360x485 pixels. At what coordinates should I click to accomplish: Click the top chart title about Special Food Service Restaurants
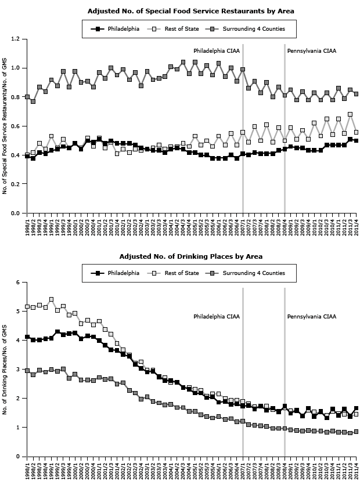coord(190,11)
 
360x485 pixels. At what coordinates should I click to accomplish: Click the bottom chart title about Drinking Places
coord(190,256)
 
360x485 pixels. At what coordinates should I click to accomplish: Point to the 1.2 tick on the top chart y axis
coord(16,39)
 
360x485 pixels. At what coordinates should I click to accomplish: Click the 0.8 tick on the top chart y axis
coord(16,97)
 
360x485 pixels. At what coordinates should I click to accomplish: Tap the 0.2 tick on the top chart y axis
coord(16,184)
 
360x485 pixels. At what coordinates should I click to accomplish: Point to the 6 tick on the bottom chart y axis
coord(18,283)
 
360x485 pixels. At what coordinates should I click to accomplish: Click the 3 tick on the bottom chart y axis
coord(18,370)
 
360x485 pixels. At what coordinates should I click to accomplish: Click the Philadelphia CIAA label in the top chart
coord(217,50)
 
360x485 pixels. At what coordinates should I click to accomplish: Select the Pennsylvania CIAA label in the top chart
coord(312,50)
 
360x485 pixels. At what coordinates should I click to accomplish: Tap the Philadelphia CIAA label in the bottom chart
coord(217,317)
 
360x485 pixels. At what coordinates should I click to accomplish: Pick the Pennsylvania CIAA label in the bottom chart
coord(312,317)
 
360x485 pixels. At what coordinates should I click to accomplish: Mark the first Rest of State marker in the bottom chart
coord(27,306)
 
